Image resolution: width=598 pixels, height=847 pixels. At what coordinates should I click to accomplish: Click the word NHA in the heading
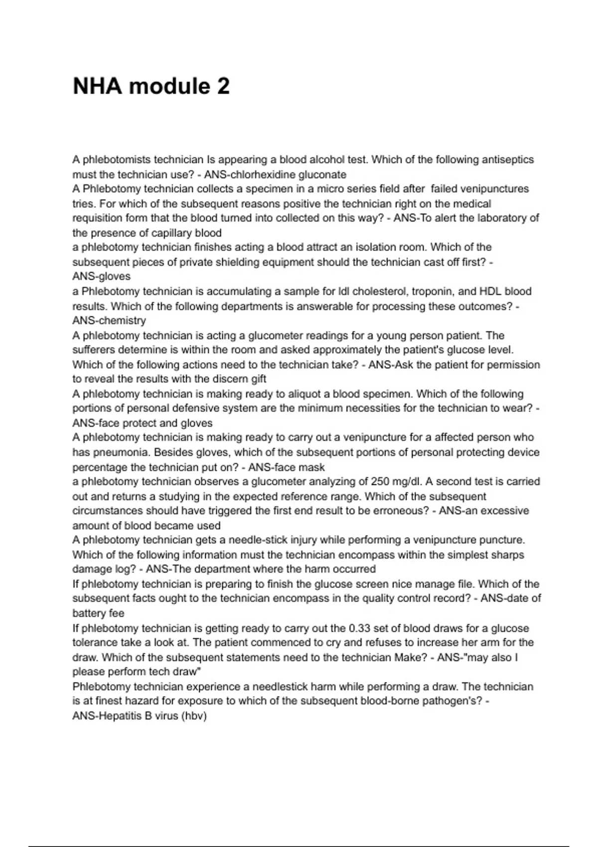pos(97,86)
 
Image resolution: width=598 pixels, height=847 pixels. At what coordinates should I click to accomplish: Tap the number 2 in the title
pos(223,86)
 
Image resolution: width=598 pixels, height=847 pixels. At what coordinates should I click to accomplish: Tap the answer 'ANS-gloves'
pos(101,276)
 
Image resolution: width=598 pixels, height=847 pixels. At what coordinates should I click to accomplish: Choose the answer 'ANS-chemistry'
pos(109,320)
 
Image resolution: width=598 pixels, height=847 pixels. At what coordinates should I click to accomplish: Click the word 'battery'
pos(89,613)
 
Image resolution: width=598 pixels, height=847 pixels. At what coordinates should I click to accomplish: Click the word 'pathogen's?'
pos(452,701)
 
